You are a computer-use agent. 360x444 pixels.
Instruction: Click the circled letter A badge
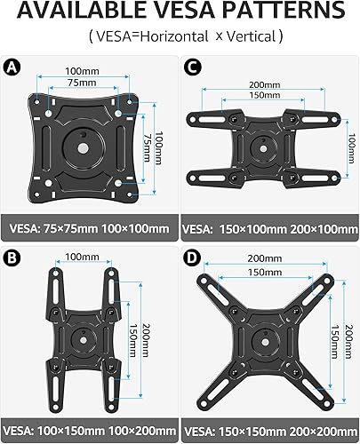coord(12,66)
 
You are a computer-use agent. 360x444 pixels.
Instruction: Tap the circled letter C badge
coord(192,66)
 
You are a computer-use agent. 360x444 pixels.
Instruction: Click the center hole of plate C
coord(263,142)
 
